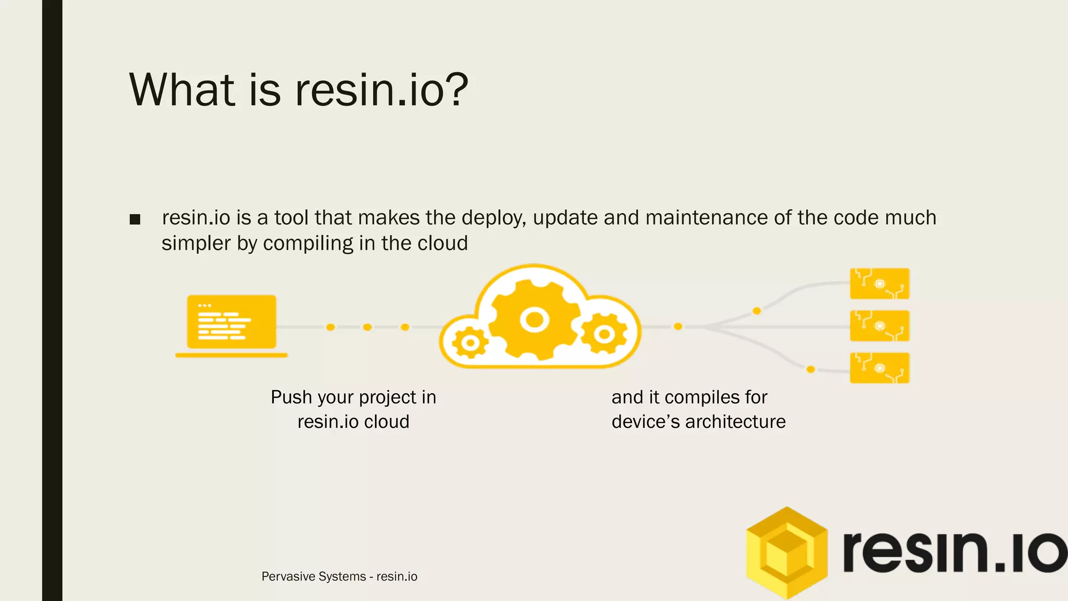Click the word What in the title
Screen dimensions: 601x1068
click(x=181, y=90)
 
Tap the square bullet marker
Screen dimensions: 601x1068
click(x=135, y=219)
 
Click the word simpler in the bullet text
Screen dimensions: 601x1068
click(x=196, y=244)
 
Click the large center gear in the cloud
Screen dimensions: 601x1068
click(x=534, y=319)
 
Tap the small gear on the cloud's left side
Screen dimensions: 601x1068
click(x=470, y=343)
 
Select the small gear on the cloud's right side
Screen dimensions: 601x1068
click(x=604, y=334)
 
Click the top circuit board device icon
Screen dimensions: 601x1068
click(x=879, y=284)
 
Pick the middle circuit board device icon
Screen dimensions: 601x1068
click(x=879, y=326)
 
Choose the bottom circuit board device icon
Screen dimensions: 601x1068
click(x=879, y=368)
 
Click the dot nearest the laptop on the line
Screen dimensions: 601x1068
click(x=330, y=327)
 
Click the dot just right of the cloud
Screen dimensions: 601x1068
click(x=678, y=327)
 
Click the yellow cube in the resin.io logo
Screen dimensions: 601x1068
click(x=786, y=553)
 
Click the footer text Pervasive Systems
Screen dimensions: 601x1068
click(x=313, y=576)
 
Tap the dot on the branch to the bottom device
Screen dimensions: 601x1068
click(x=810, y=369)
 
